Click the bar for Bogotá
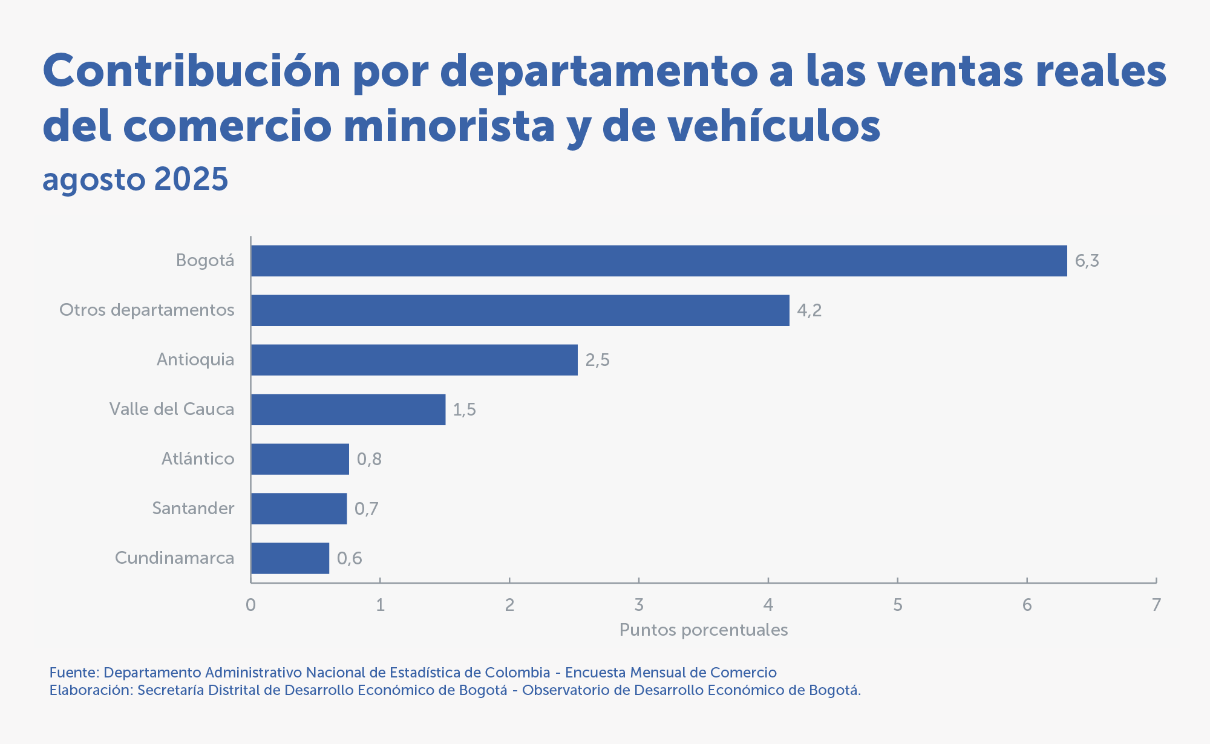[659, 261]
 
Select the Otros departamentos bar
[520, 310]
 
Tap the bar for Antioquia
[414, 360]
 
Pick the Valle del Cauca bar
[348, 410]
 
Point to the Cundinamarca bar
[290, 558]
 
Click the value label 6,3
[1087, 261]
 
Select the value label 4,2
[809, 311]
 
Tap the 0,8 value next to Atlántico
[369, 459]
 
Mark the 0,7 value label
[367, 509]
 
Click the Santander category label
[193, 508]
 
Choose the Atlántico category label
[198, 458]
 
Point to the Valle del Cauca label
[172, 409]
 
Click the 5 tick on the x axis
[898, 605]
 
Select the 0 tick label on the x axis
[250, 605]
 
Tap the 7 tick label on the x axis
[1156, 605]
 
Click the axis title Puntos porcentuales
[704, 630]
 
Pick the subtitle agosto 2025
[136, 179]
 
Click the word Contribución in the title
[192, 71]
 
